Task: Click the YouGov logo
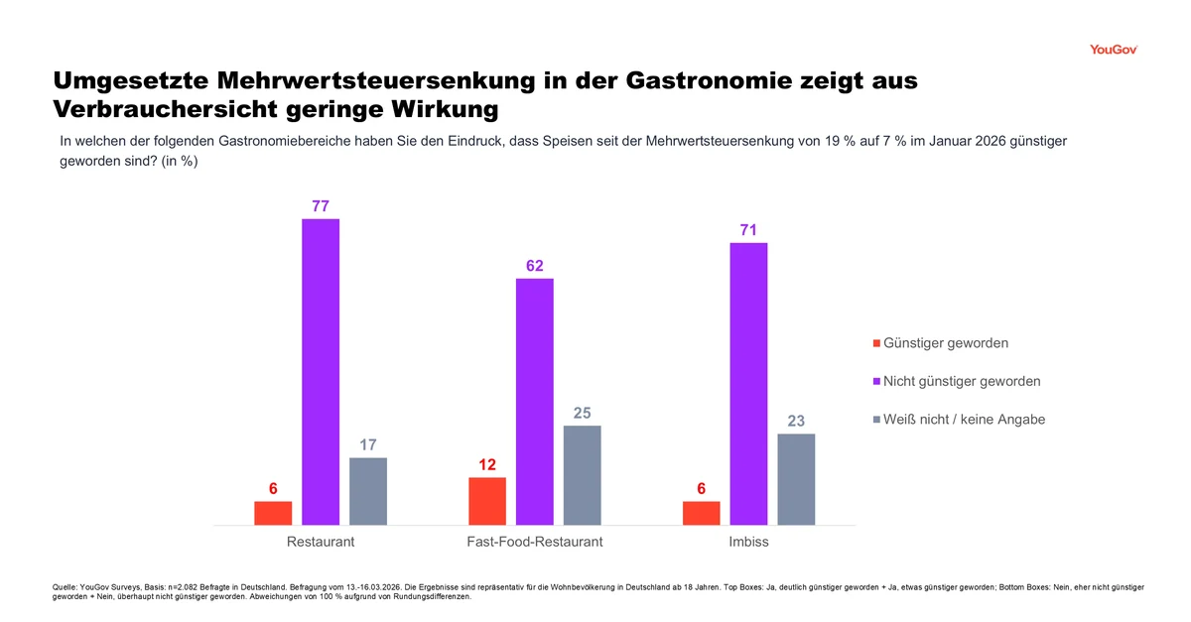(1112, 50)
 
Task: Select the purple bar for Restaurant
(321, 371)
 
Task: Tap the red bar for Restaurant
(273, 513)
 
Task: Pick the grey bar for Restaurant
(368, 491)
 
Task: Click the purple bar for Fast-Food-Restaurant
(535, 401)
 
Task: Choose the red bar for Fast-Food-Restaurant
(487, 501)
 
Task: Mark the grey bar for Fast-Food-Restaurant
(583, 475)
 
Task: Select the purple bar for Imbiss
(748, 383)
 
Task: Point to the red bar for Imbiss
(702, 513)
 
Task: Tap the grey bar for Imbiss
(796, 479)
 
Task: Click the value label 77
(321, 206)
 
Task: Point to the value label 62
(535, 266)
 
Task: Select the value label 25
(583, 413)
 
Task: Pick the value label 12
(487, 464)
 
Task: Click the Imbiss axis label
(748, 542)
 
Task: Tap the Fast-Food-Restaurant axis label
(535, 542)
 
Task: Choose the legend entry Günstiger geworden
(945, 343)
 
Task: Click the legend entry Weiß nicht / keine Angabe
(963, 420)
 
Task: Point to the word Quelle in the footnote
(64, 587)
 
